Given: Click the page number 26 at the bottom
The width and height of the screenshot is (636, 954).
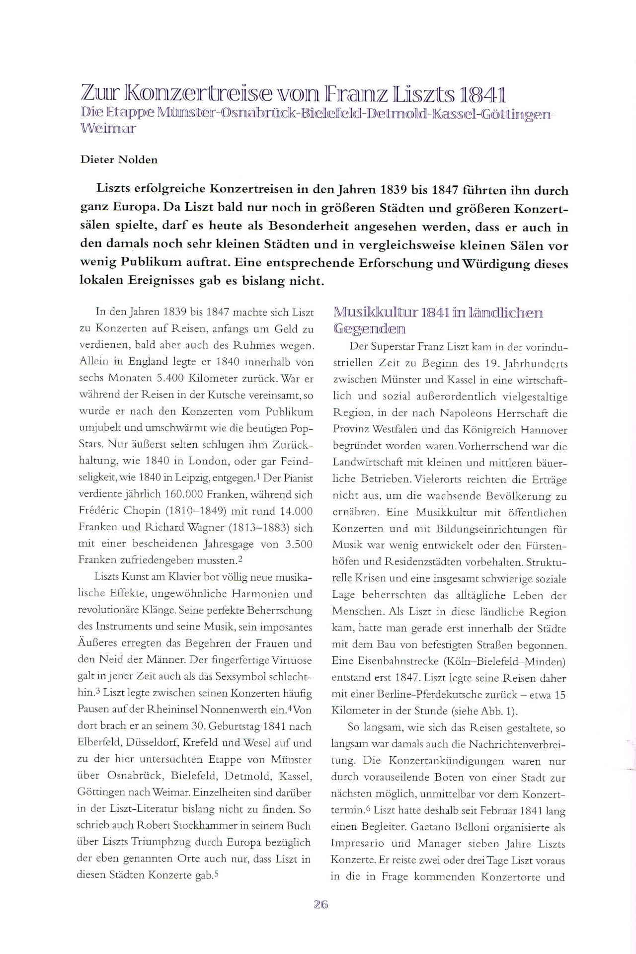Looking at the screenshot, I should click(x=321, y=905).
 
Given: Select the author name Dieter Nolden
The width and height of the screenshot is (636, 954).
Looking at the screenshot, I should click(x=119, y=159).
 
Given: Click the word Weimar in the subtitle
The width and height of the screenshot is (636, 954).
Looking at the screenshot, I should click(x=108, y=128).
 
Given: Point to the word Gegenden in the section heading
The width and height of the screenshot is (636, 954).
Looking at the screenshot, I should click(x=369, y=329).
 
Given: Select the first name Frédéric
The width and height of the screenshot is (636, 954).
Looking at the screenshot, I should click(x=98, y=511).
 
